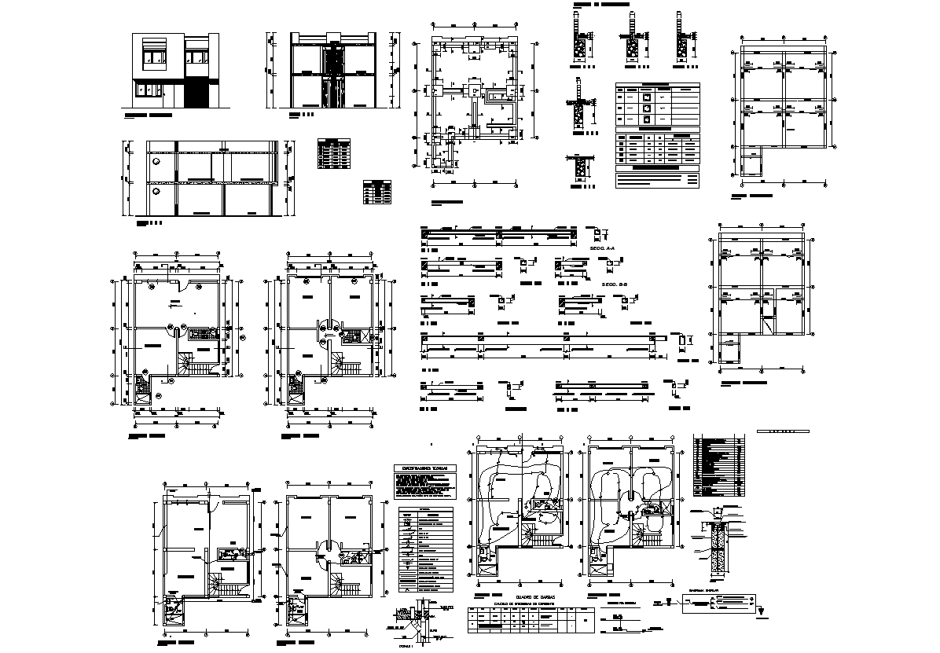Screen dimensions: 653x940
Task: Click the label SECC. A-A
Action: click(604, 248)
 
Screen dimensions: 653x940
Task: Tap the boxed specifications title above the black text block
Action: click(424, 469)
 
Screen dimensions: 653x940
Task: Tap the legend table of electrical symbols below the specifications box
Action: click(427, 549)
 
